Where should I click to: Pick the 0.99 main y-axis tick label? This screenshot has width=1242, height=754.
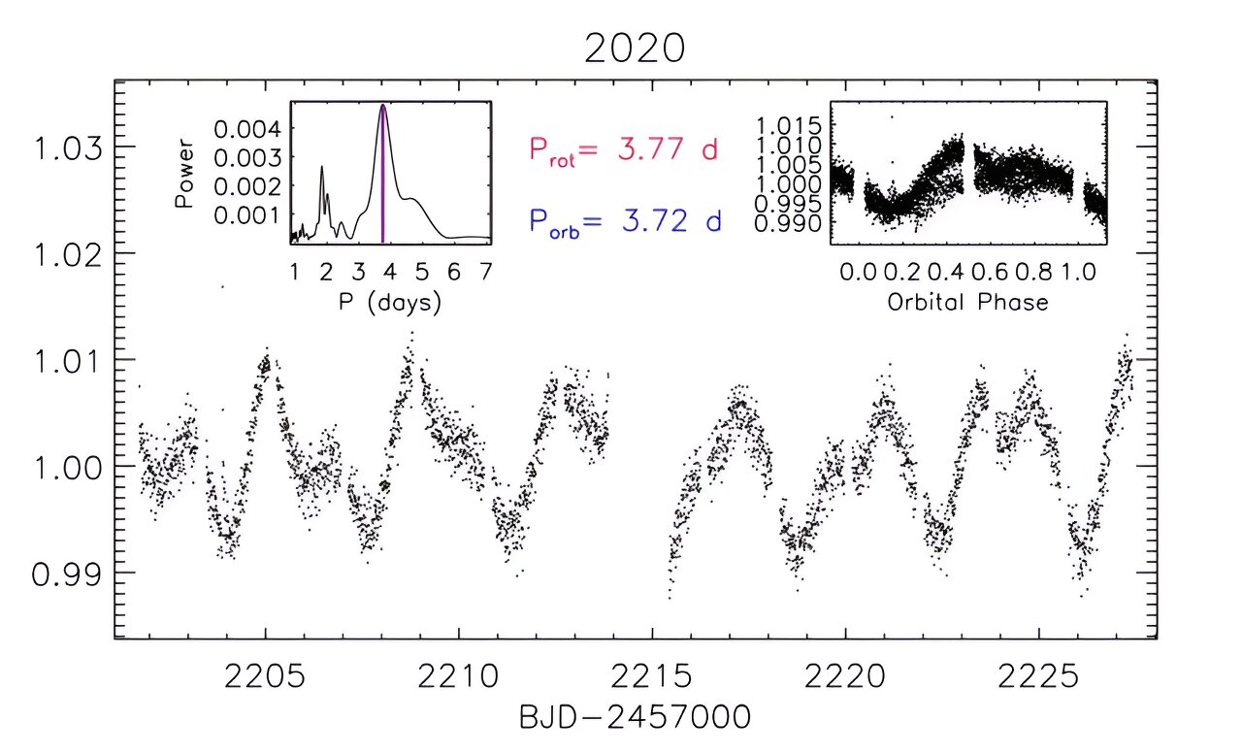69,574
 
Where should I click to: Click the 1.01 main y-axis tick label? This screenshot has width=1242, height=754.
69,360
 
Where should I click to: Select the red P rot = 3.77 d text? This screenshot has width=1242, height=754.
622,151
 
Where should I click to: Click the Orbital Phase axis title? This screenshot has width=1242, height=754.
967,303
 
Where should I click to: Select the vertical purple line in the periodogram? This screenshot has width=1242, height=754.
383,175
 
